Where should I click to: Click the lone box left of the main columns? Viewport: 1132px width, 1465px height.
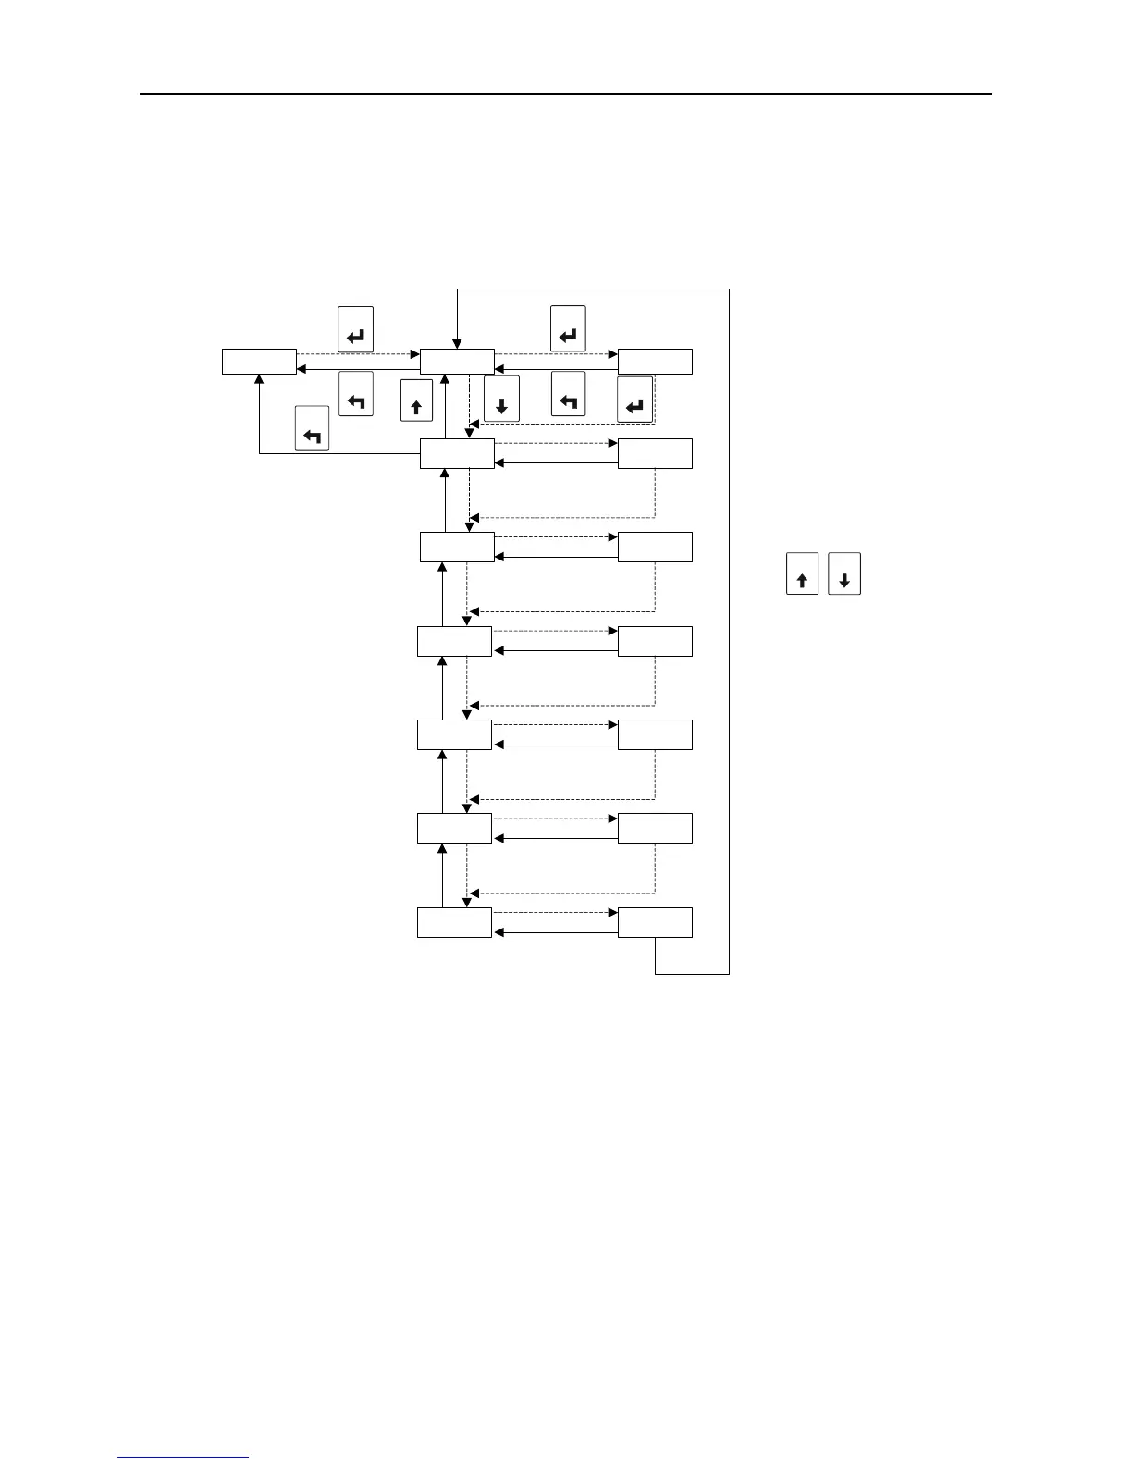[x=259, y=362]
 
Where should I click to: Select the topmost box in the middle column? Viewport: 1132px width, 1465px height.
[x=457, y=362]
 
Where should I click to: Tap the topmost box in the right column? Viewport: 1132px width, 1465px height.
[x=655, y=362]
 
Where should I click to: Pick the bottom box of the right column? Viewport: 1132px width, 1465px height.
[x=655, y=923]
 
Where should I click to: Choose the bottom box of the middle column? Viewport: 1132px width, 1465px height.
[x=454, y=923]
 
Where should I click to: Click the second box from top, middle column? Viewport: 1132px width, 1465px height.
[x=457, y=454]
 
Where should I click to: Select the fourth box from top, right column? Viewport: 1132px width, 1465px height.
[x=655, y=641]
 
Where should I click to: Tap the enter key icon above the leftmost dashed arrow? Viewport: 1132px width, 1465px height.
[x=356, y=329]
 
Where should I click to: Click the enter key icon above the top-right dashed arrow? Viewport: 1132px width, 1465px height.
[x=568, y=328]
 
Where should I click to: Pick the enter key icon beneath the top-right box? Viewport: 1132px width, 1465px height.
[x=635, y=399]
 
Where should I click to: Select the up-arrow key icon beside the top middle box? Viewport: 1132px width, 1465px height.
[x=416, y=401]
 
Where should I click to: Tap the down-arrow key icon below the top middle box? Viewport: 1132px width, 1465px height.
[x=501, y=399]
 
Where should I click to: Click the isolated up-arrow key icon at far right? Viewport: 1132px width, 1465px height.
[x=802, y=573]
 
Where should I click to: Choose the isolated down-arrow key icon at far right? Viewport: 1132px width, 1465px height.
[x=844, y=573]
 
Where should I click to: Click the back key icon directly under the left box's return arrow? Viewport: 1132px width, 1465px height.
[x=356, y=394]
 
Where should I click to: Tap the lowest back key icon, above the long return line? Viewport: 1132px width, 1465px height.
[x=313, y=428]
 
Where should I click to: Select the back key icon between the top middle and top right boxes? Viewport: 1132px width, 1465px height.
[x=568, y=394]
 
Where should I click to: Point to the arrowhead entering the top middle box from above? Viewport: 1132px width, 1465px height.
[x=457, y=344]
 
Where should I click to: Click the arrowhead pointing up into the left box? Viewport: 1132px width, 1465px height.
[x=259, y=379]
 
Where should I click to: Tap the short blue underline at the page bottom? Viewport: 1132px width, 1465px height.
[x=184, y=1457]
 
